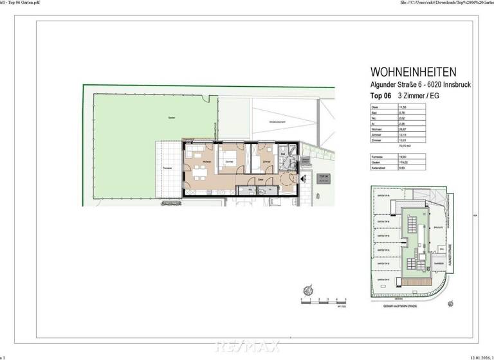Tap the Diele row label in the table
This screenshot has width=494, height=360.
(374, 106)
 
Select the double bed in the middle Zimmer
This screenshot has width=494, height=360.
(228, 161)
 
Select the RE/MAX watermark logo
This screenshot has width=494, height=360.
(247, 346)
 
